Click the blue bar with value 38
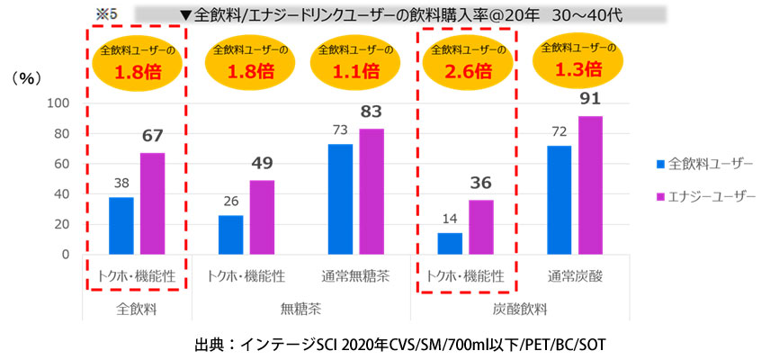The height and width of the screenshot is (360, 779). [121, 225]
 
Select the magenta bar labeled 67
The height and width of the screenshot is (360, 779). [152, 203]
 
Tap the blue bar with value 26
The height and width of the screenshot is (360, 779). [231, 234]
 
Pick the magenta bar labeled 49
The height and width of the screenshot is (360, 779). [262, 217]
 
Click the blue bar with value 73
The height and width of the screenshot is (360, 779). [340, 199]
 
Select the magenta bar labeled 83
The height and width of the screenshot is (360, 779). [372, 191]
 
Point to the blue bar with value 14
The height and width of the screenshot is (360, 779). [450, 243]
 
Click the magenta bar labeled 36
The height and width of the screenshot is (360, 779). [481, 227]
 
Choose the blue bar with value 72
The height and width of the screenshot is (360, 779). [560, 200]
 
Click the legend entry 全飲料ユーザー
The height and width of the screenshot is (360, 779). [702, 164]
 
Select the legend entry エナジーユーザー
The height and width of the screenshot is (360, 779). [702, 196]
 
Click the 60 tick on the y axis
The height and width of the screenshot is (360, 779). [61, 163]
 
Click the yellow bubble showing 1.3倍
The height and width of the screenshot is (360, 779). [576, 61]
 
